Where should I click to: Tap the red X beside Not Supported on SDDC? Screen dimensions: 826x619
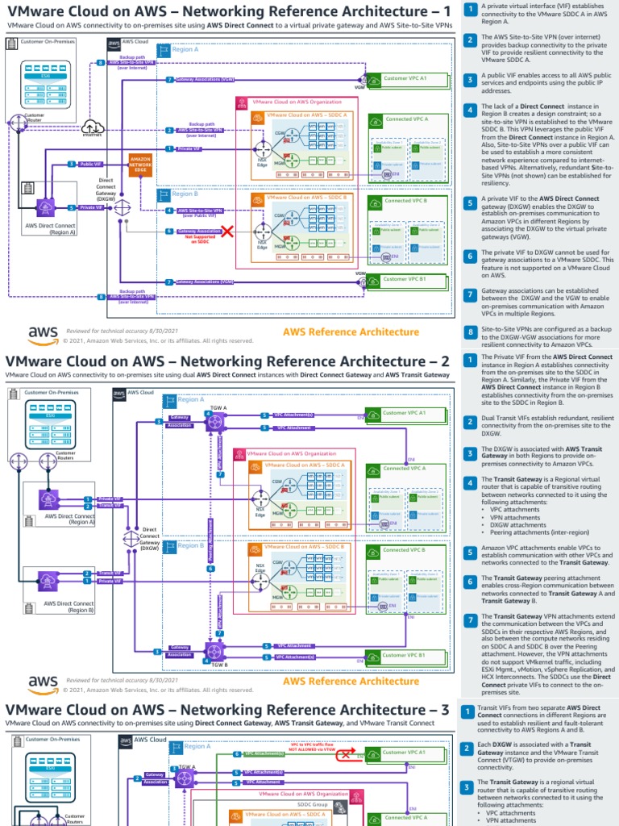[x=227, y=232]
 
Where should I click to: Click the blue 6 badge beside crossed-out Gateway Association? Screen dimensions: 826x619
[x=168, y=231]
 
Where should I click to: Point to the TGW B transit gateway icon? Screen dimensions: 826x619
[x=214, y=651]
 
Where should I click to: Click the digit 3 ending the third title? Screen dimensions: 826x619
[x=446, y=709]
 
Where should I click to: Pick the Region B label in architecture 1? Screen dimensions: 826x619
[x=185, y=194]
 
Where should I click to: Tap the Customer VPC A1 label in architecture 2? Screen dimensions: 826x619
[x=404, y=412]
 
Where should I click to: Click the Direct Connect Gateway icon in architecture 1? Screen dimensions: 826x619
[x=123, y=207]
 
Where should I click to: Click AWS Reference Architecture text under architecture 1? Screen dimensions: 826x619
[x=351, y=332]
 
